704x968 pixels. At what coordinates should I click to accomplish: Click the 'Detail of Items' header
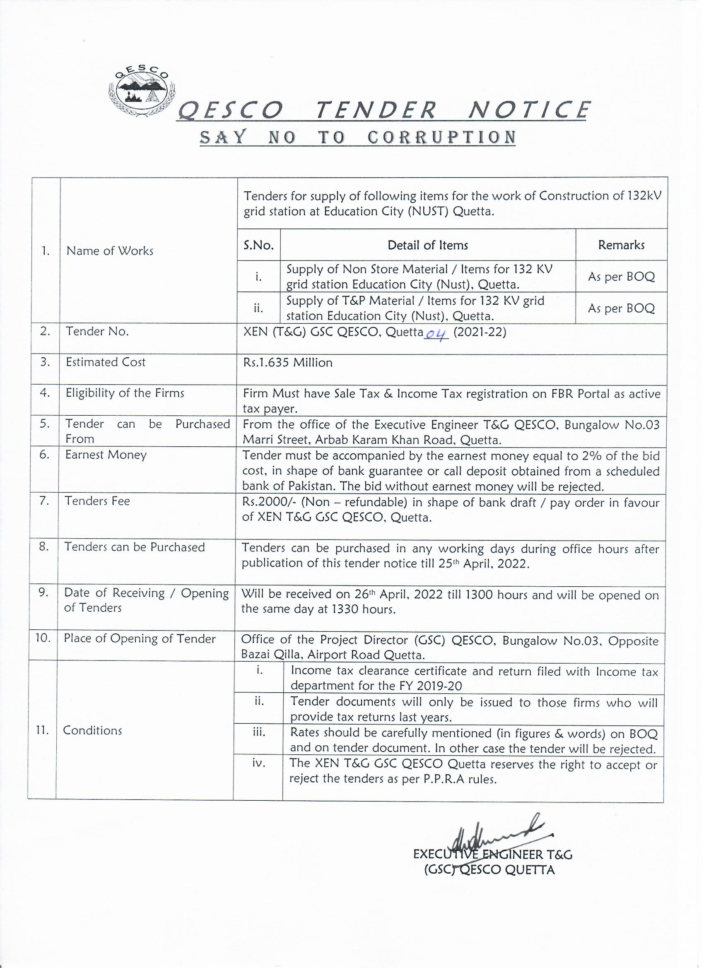pos(427,245)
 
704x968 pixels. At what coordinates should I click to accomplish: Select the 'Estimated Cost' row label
pos(106,362)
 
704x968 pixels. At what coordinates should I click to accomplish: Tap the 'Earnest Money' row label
pos(106,455)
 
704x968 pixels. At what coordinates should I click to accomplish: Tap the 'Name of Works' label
pos(110,250)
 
